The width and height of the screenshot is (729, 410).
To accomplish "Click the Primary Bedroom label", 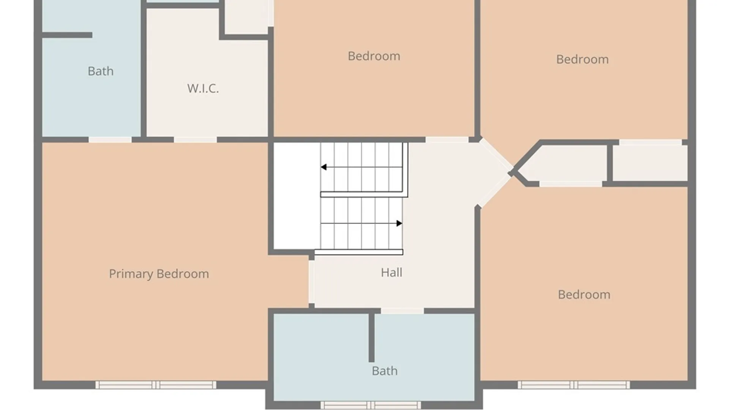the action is (159, 274).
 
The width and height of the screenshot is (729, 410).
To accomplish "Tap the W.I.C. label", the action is (203, 88).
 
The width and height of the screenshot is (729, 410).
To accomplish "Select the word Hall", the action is (391, 272).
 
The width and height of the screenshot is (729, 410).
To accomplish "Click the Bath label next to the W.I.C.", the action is (101, 71).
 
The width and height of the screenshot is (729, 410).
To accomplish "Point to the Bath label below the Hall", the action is (385, 371).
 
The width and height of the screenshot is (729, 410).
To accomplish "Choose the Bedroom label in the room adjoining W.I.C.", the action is (374, 56).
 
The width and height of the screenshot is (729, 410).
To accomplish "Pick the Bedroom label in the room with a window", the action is (584, 295).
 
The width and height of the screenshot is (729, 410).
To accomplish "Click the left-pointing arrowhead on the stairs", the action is (323, 167).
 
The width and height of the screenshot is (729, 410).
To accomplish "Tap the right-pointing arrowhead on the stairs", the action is (399, 223).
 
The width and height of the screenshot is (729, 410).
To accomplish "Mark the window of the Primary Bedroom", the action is (156, 385).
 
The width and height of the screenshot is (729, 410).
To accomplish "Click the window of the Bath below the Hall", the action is (371, 405).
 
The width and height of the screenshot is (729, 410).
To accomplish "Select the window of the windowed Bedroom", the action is (574, 385).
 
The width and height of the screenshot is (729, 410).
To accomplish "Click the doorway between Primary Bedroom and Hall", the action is (311, 282).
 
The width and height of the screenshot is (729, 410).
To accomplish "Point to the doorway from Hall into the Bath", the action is (402, 311).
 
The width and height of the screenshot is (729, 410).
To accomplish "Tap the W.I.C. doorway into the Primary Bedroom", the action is (195, 140).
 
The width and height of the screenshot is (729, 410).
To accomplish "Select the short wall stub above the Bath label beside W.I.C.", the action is (67, 35).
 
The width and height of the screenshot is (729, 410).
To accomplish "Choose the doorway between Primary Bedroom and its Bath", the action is (110, 140).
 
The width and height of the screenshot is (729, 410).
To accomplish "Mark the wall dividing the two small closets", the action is (610, 163).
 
